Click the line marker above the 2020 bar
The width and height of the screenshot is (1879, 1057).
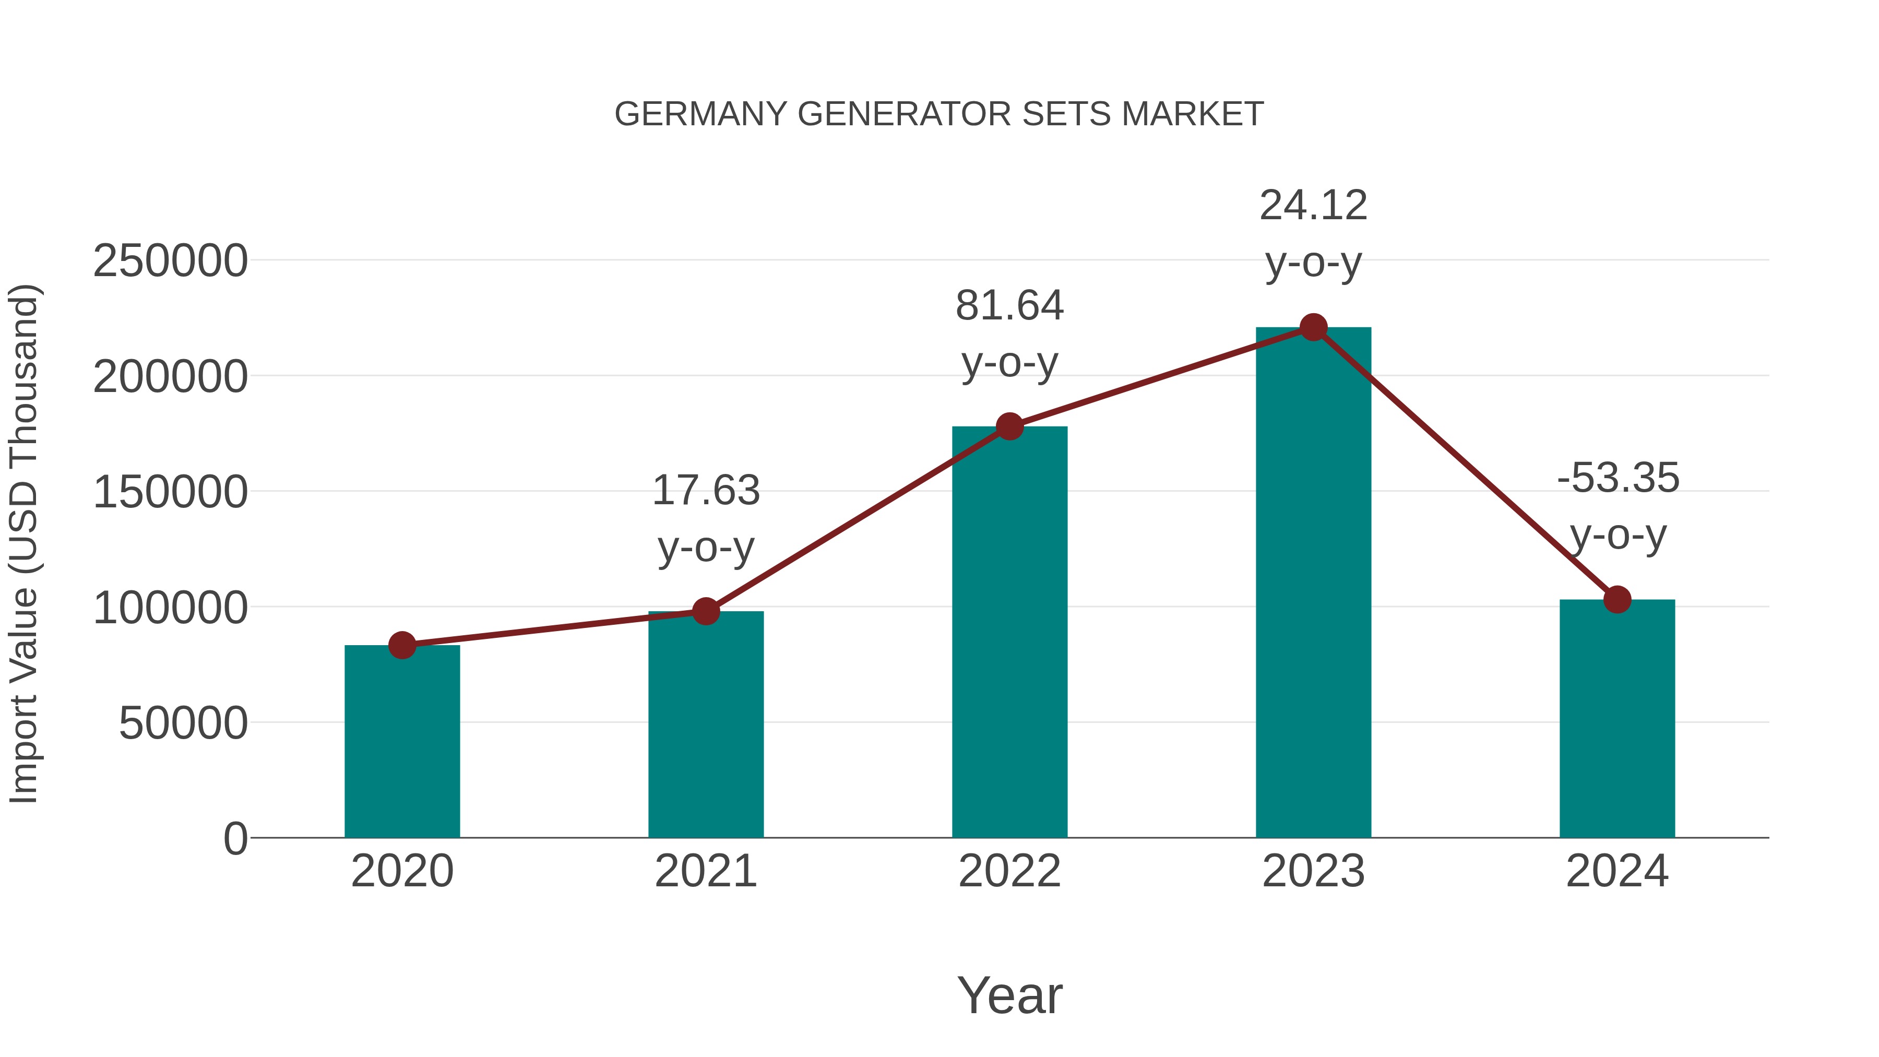point(402,645)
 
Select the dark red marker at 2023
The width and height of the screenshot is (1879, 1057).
point(1313,327)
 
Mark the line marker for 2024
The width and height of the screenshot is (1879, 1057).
point(1617,600)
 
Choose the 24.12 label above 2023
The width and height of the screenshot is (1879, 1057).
point(1313,205)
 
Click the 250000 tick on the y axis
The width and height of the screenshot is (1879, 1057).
point(170,260)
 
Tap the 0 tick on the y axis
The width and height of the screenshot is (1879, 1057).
point(235,838)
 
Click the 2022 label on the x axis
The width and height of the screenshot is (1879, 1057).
point(1009,871)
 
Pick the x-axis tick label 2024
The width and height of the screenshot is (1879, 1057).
point(1617,871)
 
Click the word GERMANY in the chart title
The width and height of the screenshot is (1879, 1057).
point(700,114)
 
